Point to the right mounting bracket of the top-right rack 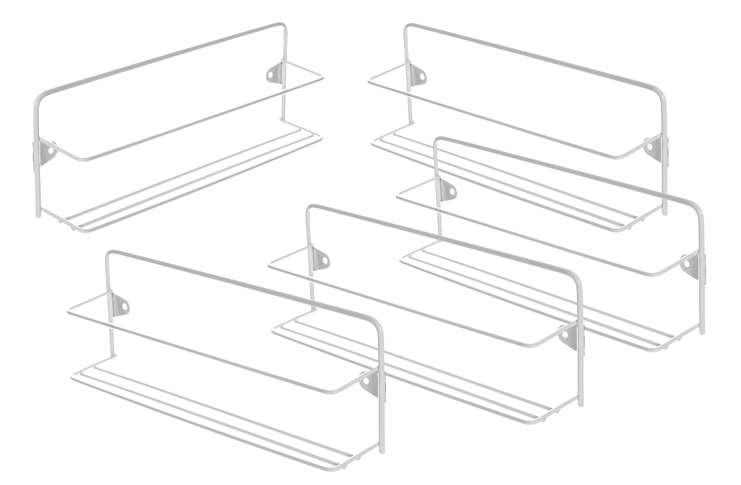pos(656,150)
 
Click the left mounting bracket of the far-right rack pos(447,189)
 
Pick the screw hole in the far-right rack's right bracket pos(686,265)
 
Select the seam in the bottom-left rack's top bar pos(230,281)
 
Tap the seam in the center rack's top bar pos(430,234)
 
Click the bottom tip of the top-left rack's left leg pos(38,216)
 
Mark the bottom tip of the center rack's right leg pos(580,405)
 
